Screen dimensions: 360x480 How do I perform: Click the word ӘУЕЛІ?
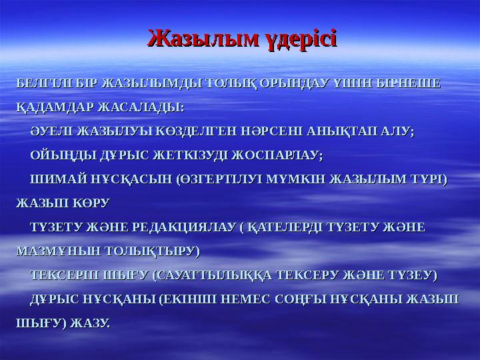[53, 133]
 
